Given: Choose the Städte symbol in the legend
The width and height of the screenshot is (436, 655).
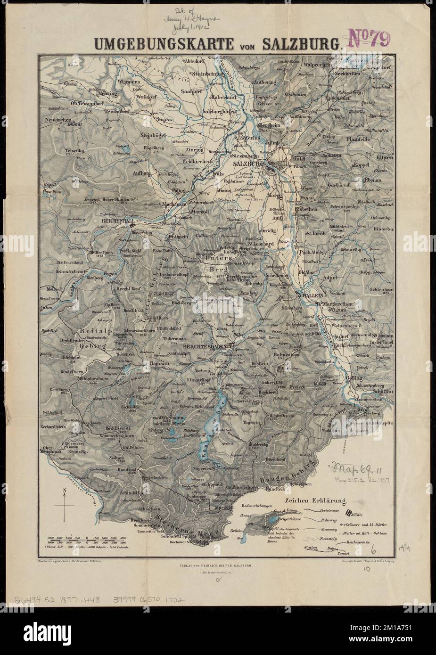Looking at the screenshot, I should tap(349, 514).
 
